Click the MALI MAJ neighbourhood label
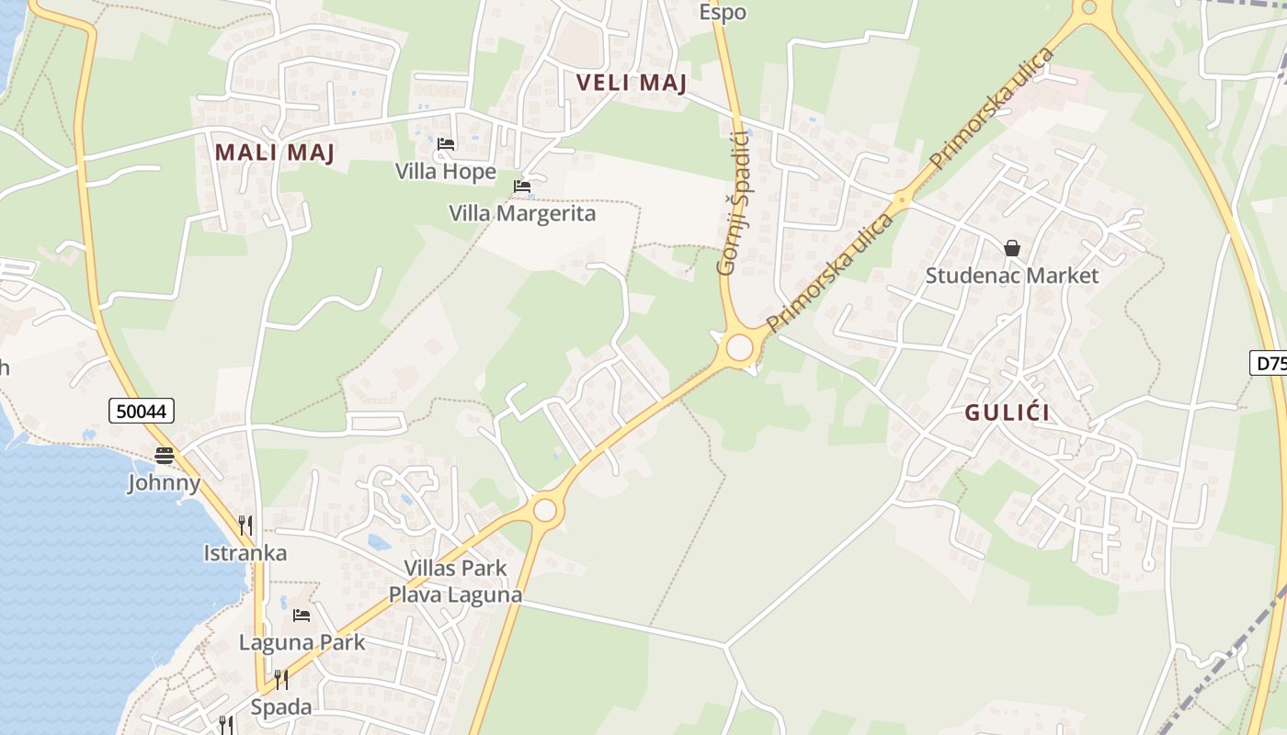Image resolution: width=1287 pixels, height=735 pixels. pos(275,153)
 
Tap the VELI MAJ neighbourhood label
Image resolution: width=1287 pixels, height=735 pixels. pos(632,83)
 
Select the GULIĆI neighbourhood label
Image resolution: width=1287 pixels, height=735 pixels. pos(1007,413)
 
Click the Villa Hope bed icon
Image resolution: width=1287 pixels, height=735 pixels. pos(446,144)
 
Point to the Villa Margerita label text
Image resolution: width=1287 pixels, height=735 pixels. pos(522,213)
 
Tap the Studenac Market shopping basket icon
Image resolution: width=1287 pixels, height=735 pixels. pos(1012,248)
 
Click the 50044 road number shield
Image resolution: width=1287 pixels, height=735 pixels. pos(142,411)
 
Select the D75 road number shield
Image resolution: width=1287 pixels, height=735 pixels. pos(1270,363)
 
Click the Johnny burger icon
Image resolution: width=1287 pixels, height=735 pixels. pos(165,455)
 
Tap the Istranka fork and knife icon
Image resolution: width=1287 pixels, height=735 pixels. pos(245,526)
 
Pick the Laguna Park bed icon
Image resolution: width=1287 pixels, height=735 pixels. pos(302,616)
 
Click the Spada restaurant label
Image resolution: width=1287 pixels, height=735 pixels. pos(281,707)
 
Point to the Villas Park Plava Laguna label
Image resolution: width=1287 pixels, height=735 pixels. pos(455,581)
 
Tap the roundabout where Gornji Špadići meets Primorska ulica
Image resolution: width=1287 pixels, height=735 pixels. pos(739,348)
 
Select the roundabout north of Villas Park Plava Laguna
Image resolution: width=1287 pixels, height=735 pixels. pos(545,509)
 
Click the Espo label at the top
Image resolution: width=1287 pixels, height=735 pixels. pos(723,12)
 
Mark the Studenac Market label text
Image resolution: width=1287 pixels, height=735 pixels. pos(1011,276)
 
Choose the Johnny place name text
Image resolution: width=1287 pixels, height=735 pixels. pos(165,482)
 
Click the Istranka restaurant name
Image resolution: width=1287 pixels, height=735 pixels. pos(245,553)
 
